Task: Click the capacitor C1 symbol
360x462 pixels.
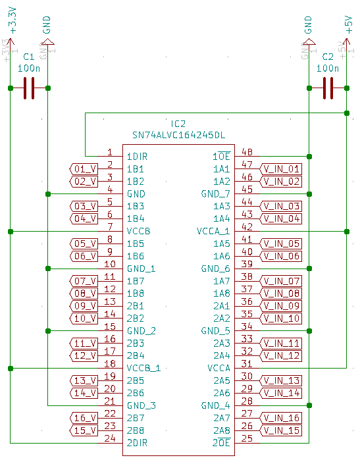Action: pyautogui.click(x=28, y=88)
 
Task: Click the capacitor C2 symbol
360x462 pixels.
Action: pyautogui.click(x=328, y=88)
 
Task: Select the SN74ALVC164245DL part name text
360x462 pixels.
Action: pyautogui.click(x=178, y=135)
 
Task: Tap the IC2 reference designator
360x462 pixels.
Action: pyautogui.click(x=178, y=124)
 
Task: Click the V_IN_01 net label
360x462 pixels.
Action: pyautogui.click(x=281, y=168)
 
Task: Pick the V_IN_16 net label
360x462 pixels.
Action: pyautogui.click(x=281, y=418)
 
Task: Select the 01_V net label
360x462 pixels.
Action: pyautogui.click(x=84, y=168)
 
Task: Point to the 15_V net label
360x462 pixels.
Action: pyautogui.click(x=84, y=430)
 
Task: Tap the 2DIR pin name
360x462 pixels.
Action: pyautogui.click(x=137, y=443)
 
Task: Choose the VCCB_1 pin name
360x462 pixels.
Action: pyautogui.click(x=143, y=368)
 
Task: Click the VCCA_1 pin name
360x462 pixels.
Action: pyautogui.click(x=213, y=231)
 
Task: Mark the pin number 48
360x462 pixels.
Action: pyautogui.click(x=247, y=152)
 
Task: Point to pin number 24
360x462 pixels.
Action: pyautogui.click(x=110, y=438)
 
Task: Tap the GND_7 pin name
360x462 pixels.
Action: pyautogui.click(x=215, y=194)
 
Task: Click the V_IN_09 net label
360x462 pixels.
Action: pyautogui.click(x=281, y=306)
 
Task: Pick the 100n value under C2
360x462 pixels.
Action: pyautogui.click(x=328, y=68)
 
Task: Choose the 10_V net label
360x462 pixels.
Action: pyautogui.click(x=84, y=319)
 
